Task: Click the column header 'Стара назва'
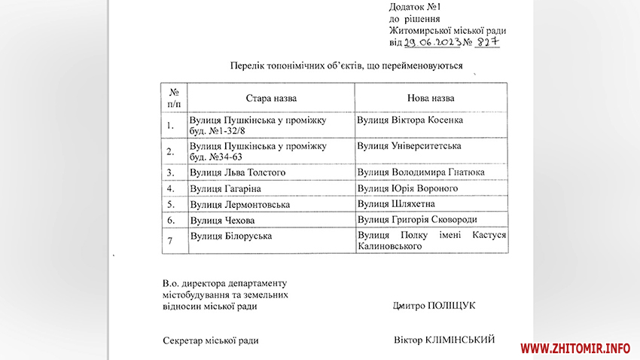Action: click(271, 99)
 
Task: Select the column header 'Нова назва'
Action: click(431, 99)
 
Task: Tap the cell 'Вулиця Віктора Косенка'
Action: click(410, 120)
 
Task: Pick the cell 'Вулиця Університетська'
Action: click(409, 145)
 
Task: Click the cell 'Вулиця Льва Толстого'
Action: click(238, 172)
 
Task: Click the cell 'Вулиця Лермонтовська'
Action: click(239, 204)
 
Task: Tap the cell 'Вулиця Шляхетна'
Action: click(396, 204)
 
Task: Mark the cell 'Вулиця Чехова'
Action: click(222, 220)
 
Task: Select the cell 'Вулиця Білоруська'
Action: click(230, 236)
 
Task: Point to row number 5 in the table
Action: click(171, 204)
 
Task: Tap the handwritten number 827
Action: click(486, 42)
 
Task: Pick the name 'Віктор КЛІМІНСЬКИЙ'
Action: click(443, 340)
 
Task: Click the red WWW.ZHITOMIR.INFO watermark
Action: click(575, 348)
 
